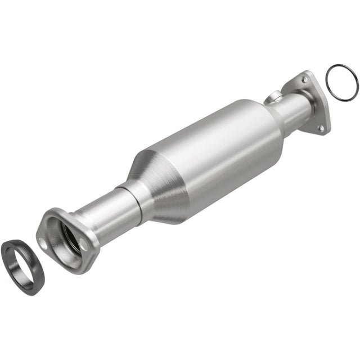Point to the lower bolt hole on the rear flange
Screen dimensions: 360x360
(x=321, y=128)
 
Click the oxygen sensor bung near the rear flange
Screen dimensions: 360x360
(x=274, y=97)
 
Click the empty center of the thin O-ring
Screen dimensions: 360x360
(x=341, y=84)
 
